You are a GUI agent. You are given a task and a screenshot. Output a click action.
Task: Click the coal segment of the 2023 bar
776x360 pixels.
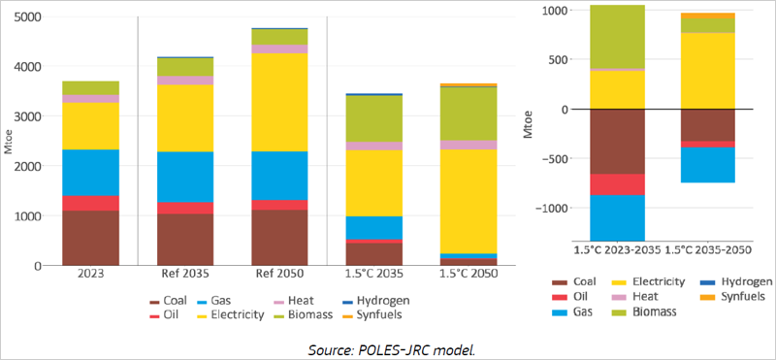(90, 238)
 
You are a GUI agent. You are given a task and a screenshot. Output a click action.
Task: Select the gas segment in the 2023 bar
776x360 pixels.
(90, 173)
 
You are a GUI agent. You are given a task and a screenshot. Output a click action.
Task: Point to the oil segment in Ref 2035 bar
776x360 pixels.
(185, 208)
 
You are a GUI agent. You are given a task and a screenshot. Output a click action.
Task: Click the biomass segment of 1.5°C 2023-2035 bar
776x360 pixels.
(618, 37)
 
